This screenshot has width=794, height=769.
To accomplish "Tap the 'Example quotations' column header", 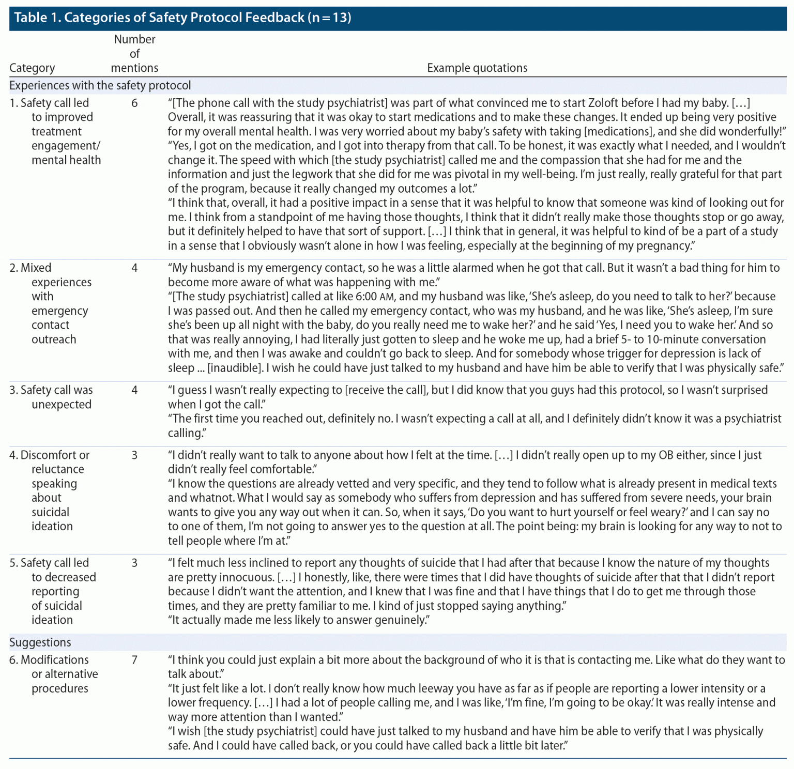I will coord(477,68).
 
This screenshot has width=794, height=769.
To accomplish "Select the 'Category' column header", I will coord(32,68).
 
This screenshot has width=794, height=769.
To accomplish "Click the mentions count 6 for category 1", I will coord(134,103).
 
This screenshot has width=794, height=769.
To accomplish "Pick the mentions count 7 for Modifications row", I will coord(134,659).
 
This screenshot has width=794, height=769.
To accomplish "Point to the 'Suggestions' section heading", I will coord(40,642).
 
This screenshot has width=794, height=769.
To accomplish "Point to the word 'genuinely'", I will coord(401,620).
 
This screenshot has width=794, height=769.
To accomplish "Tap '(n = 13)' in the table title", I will coord(329,18).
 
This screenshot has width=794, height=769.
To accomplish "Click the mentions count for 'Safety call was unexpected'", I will coord(134,390).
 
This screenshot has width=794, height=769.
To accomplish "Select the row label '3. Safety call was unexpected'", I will coord(51,397).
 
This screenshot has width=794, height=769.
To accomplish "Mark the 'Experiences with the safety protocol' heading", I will coord(100,85).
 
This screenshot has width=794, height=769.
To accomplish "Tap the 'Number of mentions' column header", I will coord(134,53).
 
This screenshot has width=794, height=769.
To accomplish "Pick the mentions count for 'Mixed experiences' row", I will coord(134,268).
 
